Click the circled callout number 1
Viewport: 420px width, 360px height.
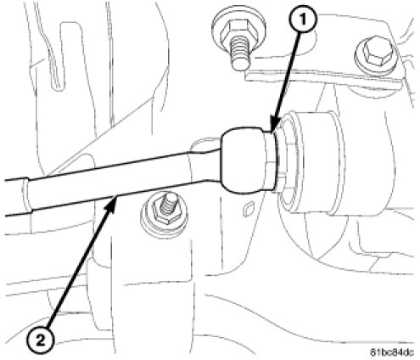(x=302, y=20)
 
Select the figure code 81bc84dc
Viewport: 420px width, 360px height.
(x=392, y=352)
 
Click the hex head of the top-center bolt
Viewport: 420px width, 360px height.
(x=239, y=30)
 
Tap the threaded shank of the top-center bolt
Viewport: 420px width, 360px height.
(x=240, y=54)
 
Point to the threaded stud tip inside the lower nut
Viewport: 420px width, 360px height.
(x=169, y=203)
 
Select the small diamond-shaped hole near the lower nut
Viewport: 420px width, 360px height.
(x=248, y=209)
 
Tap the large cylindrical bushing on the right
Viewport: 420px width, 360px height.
(x=314, y=162)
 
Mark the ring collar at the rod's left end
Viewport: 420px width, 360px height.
(x=27, y=195)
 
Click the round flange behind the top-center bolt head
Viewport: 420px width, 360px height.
(x=240, y=31)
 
